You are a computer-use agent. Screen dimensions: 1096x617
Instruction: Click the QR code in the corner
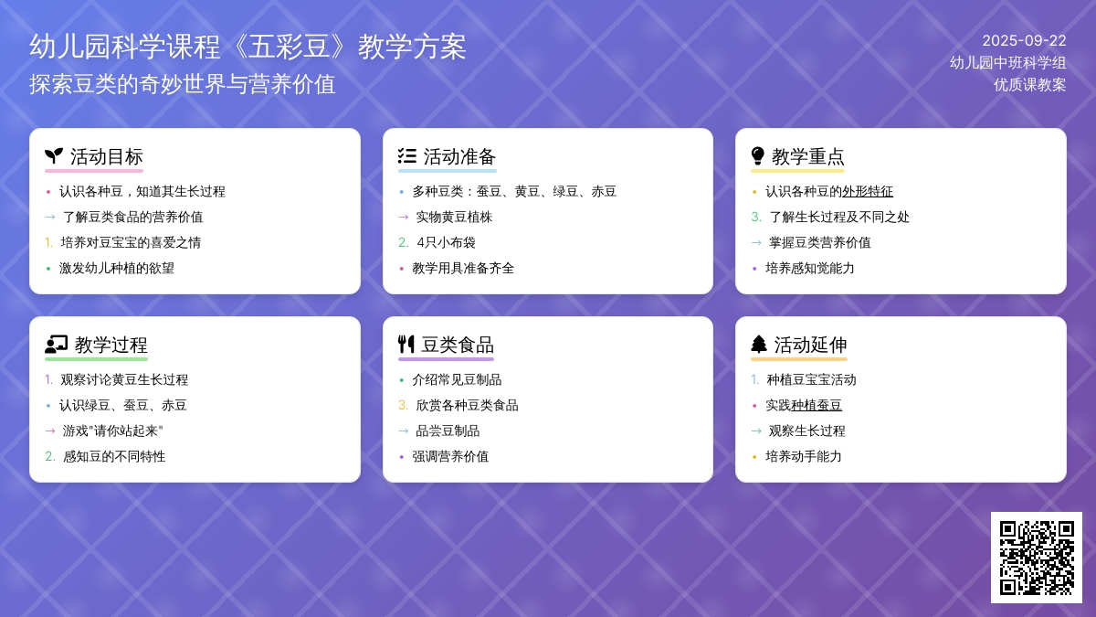click(x=1037, y=558)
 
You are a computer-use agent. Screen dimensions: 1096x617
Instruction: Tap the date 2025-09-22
click(x=1024, y=40)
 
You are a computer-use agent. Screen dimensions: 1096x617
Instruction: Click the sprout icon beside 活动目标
click(x=54, y=156)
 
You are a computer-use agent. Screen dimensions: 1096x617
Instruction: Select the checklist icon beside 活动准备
click(x=407, y=156)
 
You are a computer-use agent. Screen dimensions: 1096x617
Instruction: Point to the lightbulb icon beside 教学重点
click(x=757, y=155)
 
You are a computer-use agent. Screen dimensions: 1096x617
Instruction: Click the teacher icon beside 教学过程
click(x=57, y=345)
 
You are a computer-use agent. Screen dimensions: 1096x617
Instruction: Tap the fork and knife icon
click(x=406, y=345)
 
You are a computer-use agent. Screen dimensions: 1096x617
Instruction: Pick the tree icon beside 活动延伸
click(x=759, y=345)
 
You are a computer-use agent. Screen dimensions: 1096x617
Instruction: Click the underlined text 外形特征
click(x=868, y=191)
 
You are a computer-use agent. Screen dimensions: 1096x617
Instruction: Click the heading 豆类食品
click(x=458, y=345)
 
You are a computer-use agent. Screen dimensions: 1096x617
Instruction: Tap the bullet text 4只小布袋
click(x=447, y=242)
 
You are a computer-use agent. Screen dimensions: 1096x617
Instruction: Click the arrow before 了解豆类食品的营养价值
click(x=50, y=217)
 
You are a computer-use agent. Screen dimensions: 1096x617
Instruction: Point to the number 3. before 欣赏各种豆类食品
click(x=403, y=406)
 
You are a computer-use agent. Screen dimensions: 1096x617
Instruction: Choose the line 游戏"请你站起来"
click(x=112, y=431)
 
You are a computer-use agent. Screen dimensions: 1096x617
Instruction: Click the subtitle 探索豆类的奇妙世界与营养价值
click(x=183, y=84)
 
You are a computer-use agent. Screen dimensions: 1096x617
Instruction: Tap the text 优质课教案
click(x=1030, y=85)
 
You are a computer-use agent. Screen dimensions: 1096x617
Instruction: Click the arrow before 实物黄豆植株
click(x=404, y=217)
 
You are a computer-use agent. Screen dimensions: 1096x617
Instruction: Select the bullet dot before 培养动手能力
click(x=754, y=457)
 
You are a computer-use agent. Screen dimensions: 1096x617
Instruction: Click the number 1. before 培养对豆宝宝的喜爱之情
click(x=48, y=242)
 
